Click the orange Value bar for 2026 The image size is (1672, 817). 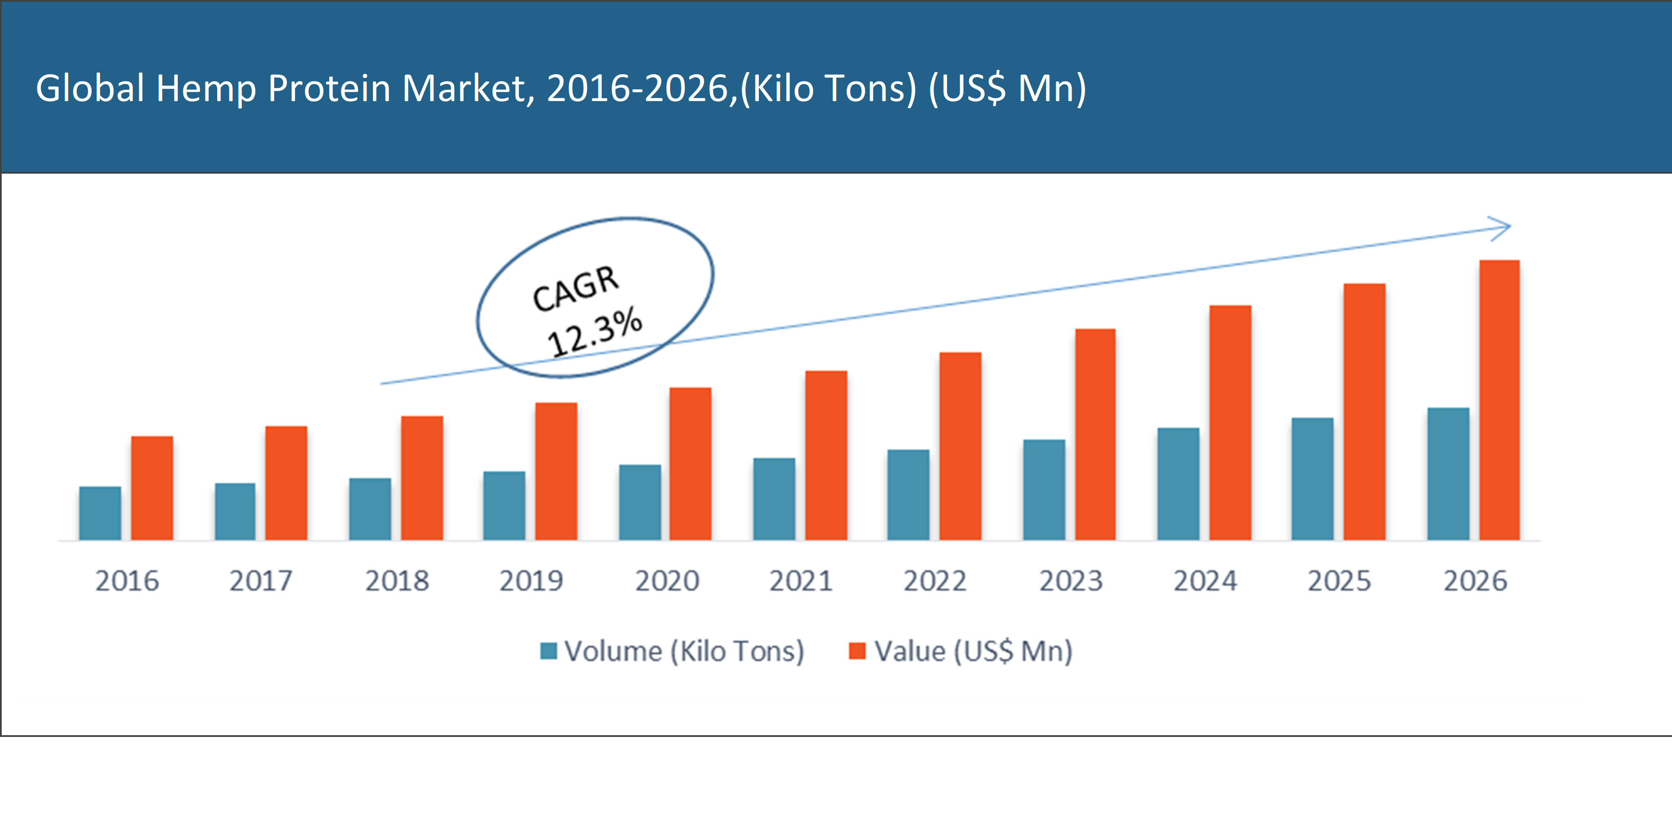coord(1499,399)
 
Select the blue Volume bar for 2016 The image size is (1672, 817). coord(100,513)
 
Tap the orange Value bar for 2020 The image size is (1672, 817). coord(691,464)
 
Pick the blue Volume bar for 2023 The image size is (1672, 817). coord(1044,490)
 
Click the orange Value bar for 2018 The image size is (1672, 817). coord(422,478)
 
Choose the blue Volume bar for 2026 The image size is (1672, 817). coord(1448,474)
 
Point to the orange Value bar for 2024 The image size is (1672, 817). coord(1230,422)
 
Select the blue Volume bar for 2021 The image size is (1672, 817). coord(774,499)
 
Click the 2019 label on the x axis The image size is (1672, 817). coord(531,580)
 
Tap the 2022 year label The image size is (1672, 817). coord(935,580)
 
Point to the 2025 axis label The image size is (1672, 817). coord(1339,580)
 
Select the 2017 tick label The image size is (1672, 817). coord(261,580)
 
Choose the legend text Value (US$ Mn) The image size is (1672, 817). coord(974,651)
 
